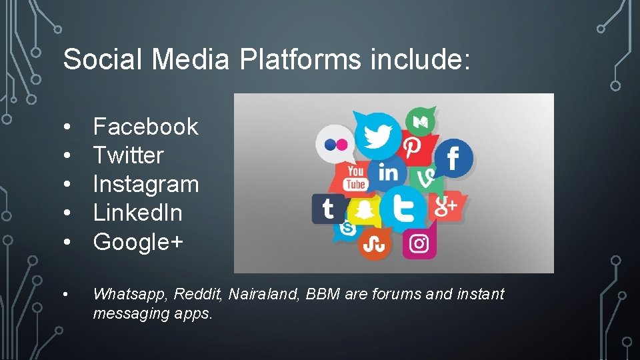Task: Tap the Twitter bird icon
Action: (x=377, y=136)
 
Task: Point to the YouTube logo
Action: (x=355, y=177)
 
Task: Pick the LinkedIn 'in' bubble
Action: (x=388, y=173)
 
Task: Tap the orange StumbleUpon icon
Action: (x=375, y=244)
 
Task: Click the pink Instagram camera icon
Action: (x=419, y=244)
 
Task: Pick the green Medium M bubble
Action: (x=421, y=122)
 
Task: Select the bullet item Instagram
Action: (x=146, y=184)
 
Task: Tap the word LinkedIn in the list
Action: (x=137, y=213)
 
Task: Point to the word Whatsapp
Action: (x=126, y=294)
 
